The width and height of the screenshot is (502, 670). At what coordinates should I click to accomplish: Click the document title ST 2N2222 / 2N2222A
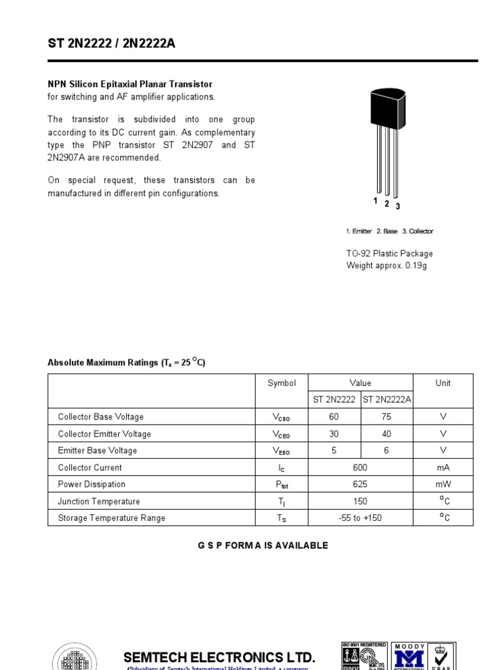click(111, 44)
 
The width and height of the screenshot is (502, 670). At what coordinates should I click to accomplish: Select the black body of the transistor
click(388, 106)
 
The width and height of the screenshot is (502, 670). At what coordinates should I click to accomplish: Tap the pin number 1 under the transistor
click(376, 202)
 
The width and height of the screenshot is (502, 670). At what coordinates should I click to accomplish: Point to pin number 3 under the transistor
click(397, 207)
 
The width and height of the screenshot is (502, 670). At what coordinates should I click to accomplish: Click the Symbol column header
click(282, 383)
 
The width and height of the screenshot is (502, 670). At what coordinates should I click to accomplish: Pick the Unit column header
click(443, 383)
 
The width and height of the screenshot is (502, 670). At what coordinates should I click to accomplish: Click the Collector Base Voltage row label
click(101, 417)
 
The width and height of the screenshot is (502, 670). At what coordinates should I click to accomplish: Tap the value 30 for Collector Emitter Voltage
click(334, 434)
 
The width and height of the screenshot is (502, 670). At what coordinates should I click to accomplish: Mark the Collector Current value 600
click(360, 468)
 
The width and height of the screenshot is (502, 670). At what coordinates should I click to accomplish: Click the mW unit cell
click(443, 485)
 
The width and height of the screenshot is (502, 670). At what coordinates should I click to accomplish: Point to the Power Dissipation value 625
click(360, 485)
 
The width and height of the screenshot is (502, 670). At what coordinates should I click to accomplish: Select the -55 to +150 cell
click(360, 518)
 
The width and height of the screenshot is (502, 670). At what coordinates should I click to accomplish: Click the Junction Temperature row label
click(99, 502)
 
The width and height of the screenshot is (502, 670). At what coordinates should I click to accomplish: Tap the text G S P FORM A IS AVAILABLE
click(263, 546)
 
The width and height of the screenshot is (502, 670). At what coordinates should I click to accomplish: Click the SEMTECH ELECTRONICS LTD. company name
click(220, 657)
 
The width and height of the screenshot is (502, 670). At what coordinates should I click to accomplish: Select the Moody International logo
click(410, 656)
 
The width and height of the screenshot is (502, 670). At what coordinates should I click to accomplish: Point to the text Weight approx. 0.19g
click(386, 266)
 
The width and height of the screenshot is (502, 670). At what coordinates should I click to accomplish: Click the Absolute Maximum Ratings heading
click(126, 362)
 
